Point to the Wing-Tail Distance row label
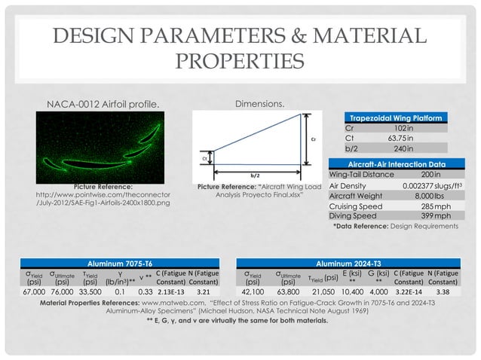(361, 174)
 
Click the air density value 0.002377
(423, 185)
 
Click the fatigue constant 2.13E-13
(171, 290)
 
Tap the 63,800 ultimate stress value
(289, 290)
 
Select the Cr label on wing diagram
(312, 139)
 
